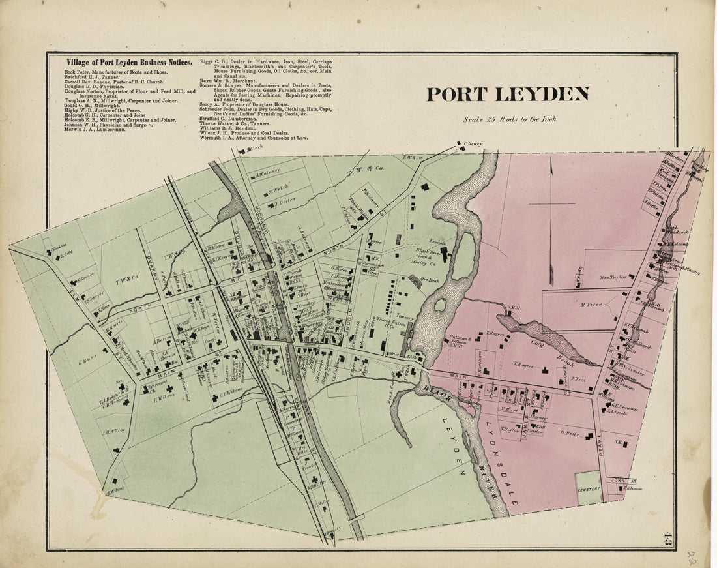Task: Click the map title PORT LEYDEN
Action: point(508,95)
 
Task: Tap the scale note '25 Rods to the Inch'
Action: point(510,119)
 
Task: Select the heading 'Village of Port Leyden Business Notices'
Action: point(128,63)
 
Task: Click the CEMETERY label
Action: point(588,488)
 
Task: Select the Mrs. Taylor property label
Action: point(613,277)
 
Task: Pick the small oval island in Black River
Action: point(441,305)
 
